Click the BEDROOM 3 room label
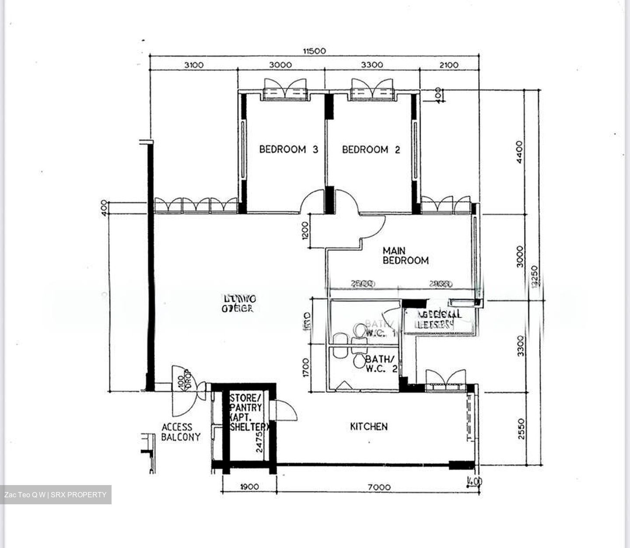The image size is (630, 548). (288, 149)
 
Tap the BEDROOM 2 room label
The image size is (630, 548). (371, 149)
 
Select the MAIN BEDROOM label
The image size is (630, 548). (405, 256)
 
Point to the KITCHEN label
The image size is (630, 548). (369, 426)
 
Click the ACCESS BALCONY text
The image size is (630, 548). (181, 432)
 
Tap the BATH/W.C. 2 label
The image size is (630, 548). (381, 364)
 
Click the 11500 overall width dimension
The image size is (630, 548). (314, 51)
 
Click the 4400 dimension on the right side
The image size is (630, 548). (519, 152)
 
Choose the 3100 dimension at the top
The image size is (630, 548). (193, 65)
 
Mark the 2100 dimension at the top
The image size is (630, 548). (449, 65)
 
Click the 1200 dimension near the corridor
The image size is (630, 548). (305, 230)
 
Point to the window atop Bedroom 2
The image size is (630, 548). (372, 90)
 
